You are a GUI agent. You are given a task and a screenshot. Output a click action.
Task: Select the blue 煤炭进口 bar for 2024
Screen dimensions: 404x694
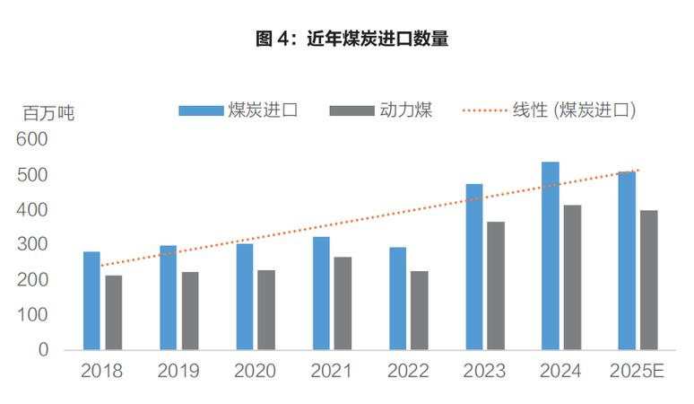(550, 256)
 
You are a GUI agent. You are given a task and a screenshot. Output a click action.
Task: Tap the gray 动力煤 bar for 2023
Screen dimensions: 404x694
(496, 285)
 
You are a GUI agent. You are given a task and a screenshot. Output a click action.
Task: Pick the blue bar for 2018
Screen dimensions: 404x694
(91, 301)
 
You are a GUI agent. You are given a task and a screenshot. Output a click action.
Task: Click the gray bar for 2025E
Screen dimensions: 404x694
(648, 280)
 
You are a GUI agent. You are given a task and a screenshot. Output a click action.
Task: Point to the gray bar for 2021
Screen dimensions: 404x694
(343, 303)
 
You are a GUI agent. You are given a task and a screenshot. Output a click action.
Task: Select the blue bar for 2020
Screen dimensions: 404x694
(245, 296)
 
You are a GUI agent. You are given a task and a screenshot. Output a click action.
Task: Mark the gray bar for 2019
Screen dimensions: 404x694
(189, 311)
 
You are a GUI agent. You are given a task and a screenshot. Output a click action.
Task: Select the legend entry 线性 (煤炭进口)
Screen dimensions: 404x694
(574, 110)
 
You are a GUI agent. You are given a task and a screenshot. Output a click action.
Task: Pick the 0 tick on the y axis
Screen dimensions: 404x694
(43, 350)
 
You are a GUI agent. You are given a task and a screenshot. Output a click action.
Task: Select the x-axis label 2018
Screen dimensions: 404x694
(101, 371)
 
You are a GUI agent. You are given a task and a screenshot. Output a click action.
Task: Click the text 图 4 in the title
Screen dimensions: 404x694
(274, 38)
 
